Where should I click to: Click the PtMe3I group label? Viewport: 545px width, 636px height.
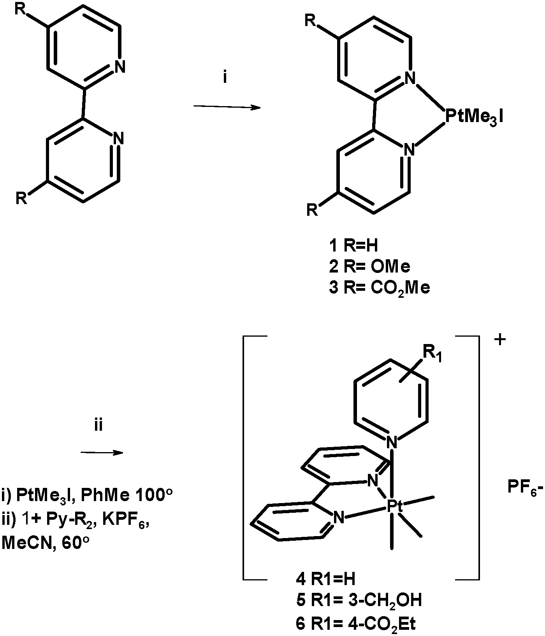474,116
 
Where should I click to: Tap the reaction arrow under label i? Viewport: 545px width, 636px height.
227,107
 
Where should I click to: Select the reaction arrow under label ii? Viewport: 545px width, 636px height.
102,452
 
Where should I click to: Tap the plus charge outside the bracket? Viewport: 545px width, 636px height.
500,339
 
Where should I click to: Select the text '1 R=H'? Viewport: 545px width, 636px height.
353,246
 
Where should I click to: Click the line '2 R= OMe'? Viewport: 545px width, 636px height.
369,267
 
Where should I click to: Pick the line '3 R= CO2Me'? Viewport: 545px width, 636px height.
379,288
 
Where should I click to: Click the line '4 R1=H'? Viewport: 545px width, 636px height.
325,580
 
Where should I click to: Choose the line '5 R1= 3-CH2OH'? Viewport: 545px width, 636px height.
359,601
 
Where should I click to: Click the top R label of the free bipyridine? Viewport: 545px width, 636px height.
21,10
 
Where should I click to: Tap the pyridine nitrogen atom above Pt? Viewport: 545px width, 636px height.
392,442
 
